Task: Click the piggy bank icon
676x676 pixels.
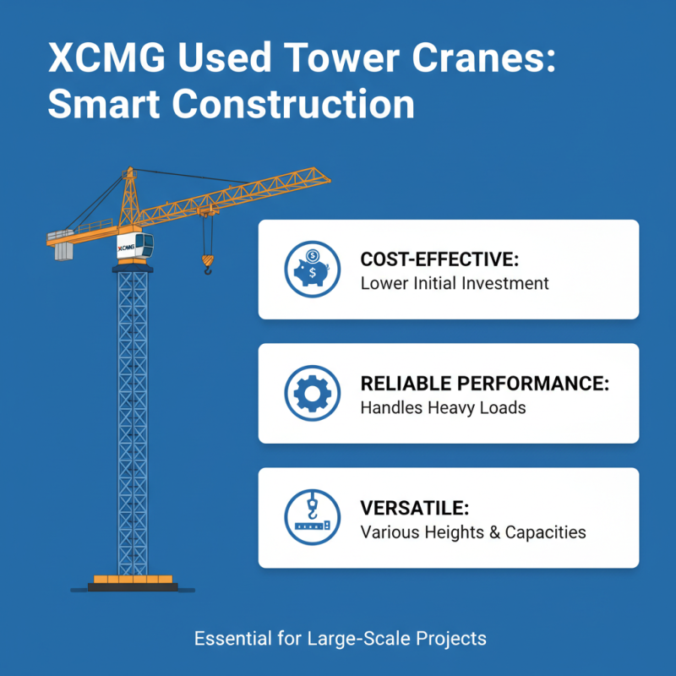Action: [313, 269]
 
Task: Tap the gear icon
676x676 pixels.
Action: [313, 393]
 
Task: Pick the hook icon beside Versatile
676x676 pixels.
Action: [313, 517]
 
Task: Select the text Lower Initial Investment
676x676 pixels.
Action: [455, 283]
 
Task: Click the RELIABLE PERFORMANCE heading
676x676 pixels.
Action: [485, 384]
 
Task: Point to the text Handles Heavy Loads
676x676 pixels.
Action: [443, 408]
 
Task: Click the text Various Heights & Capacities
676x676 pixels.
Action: [473, 532]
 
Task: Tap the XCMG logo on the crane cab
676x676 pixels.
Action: [126, 248]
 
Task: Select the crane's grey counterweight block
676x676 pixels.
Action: [64, 252]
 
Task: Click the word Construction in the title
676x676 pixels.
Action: [296, 105]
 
